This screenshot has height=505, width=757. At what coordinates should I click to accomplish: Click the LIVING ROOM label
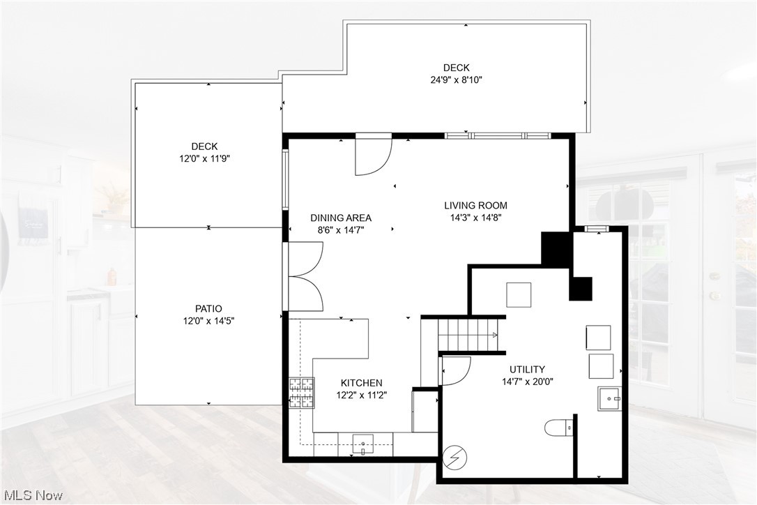click(475, 205)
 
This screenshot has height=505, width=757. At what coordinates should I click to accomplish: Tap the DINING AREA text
click(341, 218)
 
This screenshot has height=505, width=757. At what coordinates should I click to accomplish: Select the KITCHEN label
click(361, 383)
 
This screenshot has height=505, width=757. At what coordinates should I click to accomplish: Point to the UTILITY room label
click(527, 369)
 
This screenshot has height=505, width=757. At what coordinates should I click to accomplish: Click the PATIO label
click(208, 308)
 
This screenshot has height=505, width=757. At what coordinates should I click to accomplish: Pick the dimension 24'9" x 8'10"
click(457, 80)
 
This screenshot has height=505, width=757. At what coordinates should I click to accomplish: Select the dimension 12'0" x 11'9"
click(204, 158)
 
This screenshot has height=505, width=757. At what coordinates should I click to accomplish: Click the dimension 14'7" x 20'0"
click(528, 381)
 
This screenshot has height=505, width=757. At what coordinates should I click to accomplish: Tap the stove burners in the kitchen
click(301, 392)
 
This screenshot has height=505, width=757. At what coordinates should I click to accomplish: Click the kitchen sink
click(363, 442)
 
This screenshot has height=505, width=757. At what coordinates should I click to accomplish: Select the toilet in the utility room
click(559, 427)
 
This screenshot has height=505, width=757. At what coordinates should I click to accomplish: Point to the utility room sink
click(609, 399)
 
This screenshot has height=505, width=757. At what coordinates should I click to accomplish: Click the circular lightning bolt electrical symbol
click(455, 458)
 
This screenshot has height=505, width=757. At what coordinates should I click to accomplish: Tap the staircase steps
click(466, 334)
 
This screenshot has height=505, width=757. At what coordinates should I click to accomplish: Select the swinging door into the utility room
click(456, 369)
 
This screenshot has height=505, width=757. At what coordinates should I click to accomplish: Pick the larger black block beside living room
click(556, 248)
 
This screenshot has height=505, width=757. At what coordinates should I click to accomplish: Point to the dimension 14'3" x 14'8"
click(475, 217)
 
